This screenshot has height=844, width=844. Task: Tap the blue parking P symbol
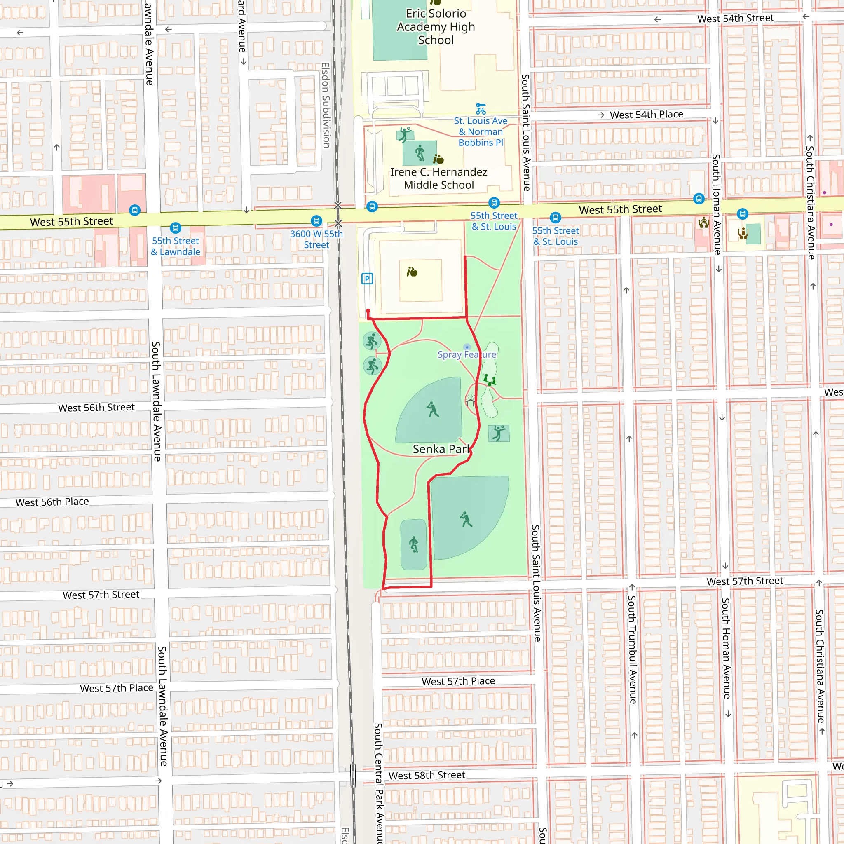(x=367, y=279)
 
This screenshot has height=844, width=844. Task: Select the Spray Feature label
(x=467, y=354)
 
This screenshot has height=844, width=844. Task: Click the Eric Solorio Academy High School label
(x=436, y=27)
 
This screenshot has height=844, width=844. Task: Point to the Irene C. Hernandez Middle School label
(x=438, y=178)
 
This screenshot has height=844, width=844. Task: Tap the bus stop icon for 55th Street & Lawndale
(x=175, y=227)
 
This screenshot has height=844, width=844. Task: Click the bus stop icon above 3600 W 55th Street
(x=316, y=220)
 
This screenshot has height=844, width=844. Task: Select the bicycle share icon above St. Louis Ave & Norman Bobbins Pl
(x=481, y=108)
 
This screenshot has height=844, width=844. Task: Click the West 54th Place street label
(x=646, y=115)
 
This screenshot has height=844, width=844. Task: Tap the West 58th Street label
(x=427, y=775)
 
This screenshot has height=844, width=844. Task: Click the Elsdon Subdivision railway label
(x=326, y=105)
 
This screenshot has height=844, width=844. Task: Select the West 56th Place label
(x=52, y=502)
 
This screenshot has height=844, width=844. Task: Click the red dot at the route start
(x=368, y=311)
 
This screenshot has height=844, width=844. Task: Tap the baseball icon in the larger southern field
(x=466, y=519)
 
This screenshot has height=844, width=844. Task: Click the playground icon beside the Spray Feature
(x=489, y=380)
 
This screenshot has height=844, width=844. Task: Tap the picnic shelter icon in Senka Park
(x=470, y=400)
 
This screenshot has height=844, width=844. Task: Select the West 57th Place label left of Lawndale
(x=117, y=688)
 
